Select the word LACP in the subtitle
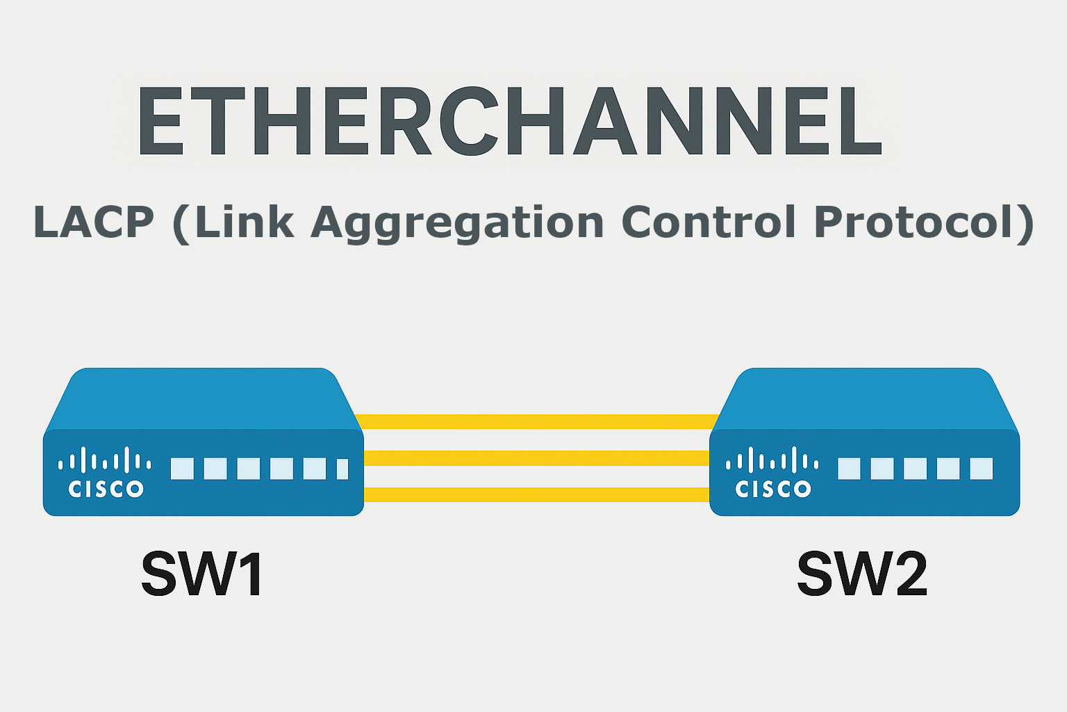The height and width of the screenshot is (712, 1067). tap(93, 222)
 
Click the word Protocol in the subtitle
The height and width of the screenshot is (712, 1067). tap(916, 222)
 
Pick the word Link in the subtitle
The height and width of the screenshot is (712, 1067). tap(245, 222)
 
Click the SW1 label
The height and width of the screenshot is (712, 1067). tap(202, 574)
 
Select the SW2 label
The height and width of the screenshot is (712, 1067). tap(862, 574)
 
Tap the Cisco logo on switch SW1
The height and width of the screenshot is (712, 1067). tap(106, 472)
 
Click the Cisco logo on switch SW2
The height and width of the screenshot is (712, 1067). tap(772, 472)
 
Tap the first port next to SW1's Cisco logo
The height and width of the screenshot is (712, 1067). tap(182, 469)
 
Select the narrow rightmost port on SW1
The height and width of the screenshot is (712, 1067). tap(342, 469)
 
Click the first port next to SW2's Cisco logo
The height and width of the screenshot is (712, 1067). tap(849, 469)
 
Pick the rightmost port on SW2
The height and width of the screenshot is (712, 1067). tap(981, 469)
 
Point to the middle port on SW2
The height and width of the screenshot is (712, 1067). tap(915, 469)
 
